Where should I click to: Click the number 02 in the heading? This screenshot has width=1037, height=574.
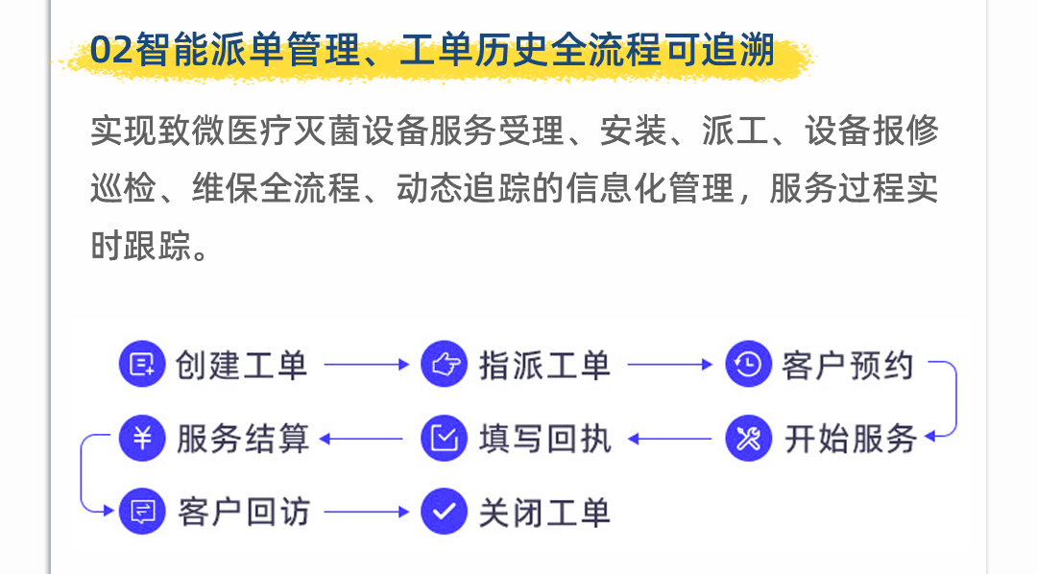(111, 50)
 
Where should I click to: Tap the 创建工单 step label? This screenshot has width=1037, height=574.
(241, 365)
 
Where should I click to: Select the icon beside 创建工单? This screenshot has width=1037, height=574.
(142, 364)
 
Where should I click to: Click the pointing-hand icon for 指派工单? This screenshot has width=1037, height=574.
(445, 364)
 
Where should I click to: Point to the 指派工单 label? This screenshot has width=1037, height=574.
(544, 365)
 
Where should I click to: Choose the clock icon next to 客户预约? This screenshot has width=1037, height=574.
(749, 364)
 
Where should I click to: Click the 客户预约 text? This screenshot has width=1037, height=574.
(848, 365)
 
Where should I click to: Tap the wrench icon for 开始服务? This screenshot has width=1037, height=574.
(749, 438)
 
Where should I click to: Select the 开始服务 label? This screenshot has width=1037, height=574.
(851, 439)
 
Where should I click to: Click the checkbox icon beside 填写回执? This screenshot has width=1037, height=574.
(445, 438)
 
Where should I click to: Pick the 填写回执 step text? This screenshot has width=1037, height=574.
(545, 439)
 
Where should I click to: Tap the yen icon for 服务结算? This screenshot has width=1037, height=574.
(142, 438)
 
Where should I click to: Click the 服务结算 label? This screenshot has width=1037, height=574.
(243, 439)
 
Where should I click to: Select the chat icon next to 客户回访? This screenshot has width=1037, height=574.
(142, 512)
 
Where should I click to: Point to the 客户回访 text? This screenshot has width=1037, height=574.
(243, 513)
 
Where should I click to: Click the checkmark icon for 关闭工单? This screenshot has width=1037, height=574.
(445, 512)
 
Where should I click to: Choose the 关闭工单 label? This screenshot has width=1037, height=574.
(544, 513)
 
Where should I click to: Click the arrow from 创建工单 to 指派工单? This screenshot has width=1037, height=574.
(367, 365)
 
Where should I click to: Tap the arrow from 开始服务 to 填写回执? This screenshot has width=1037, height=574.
(670, 439)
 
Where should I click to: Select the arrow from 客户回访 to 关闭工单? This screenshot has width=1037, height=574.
(367, 512)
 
